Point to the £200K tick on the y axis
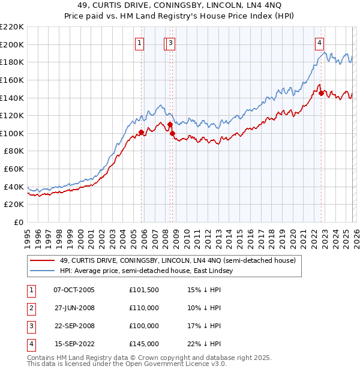12,44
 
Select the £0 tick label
18,223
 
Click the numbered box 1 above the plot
140,43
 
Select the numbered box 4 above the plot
320,43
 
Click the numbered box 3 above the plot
172,43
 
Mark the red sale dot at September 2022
321,93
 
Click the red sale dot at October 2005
141,132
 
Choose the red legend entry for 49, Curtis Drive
178,261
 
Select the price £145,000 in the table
143,344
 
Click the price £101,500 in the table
143,290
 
